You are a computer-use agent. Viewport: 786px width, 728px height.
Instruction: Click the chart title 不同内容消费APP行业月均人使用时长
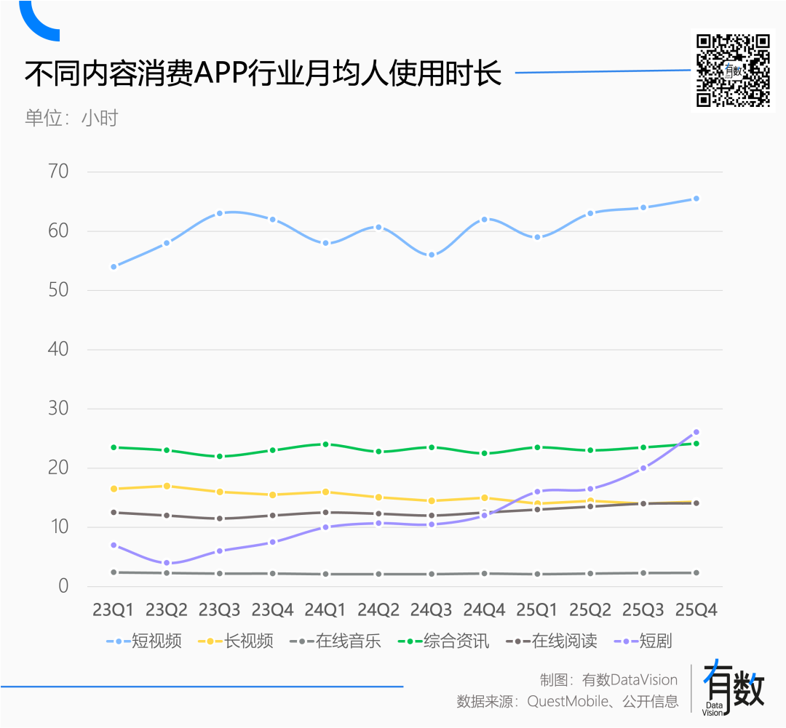pos(263,74)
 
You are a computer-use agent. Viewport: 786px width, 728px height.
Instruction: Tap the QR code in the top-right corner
pos(733,71)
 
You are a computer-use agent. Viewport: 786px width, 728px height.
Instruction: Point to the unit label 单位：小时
pos(71,118)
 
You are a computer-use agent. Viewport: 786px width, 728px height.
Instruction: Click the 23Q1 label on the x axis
pos(114,609)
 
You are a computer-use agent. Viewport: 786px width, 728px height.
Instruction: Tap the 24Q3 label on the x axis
pos(431,609)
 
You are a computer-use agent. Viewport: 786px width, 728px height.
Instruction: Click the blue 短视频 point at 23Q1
pos(114,267)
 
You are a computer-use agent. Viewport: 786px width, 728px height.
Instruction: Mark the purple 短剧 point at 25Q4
pos(696,432)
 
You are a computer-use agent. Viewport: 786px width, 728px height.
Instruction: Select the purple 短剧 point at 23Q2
pos(167,563)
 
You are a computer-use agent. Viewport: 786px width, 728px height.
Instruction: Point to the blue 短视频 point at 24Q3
pos(431,255)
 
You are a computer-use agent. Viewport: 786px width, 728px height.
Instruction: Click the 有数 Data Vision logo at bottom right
pos(733,687)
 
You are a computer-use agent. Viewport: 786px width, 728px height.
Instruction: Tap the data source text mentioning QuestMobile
pos(568,702)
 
